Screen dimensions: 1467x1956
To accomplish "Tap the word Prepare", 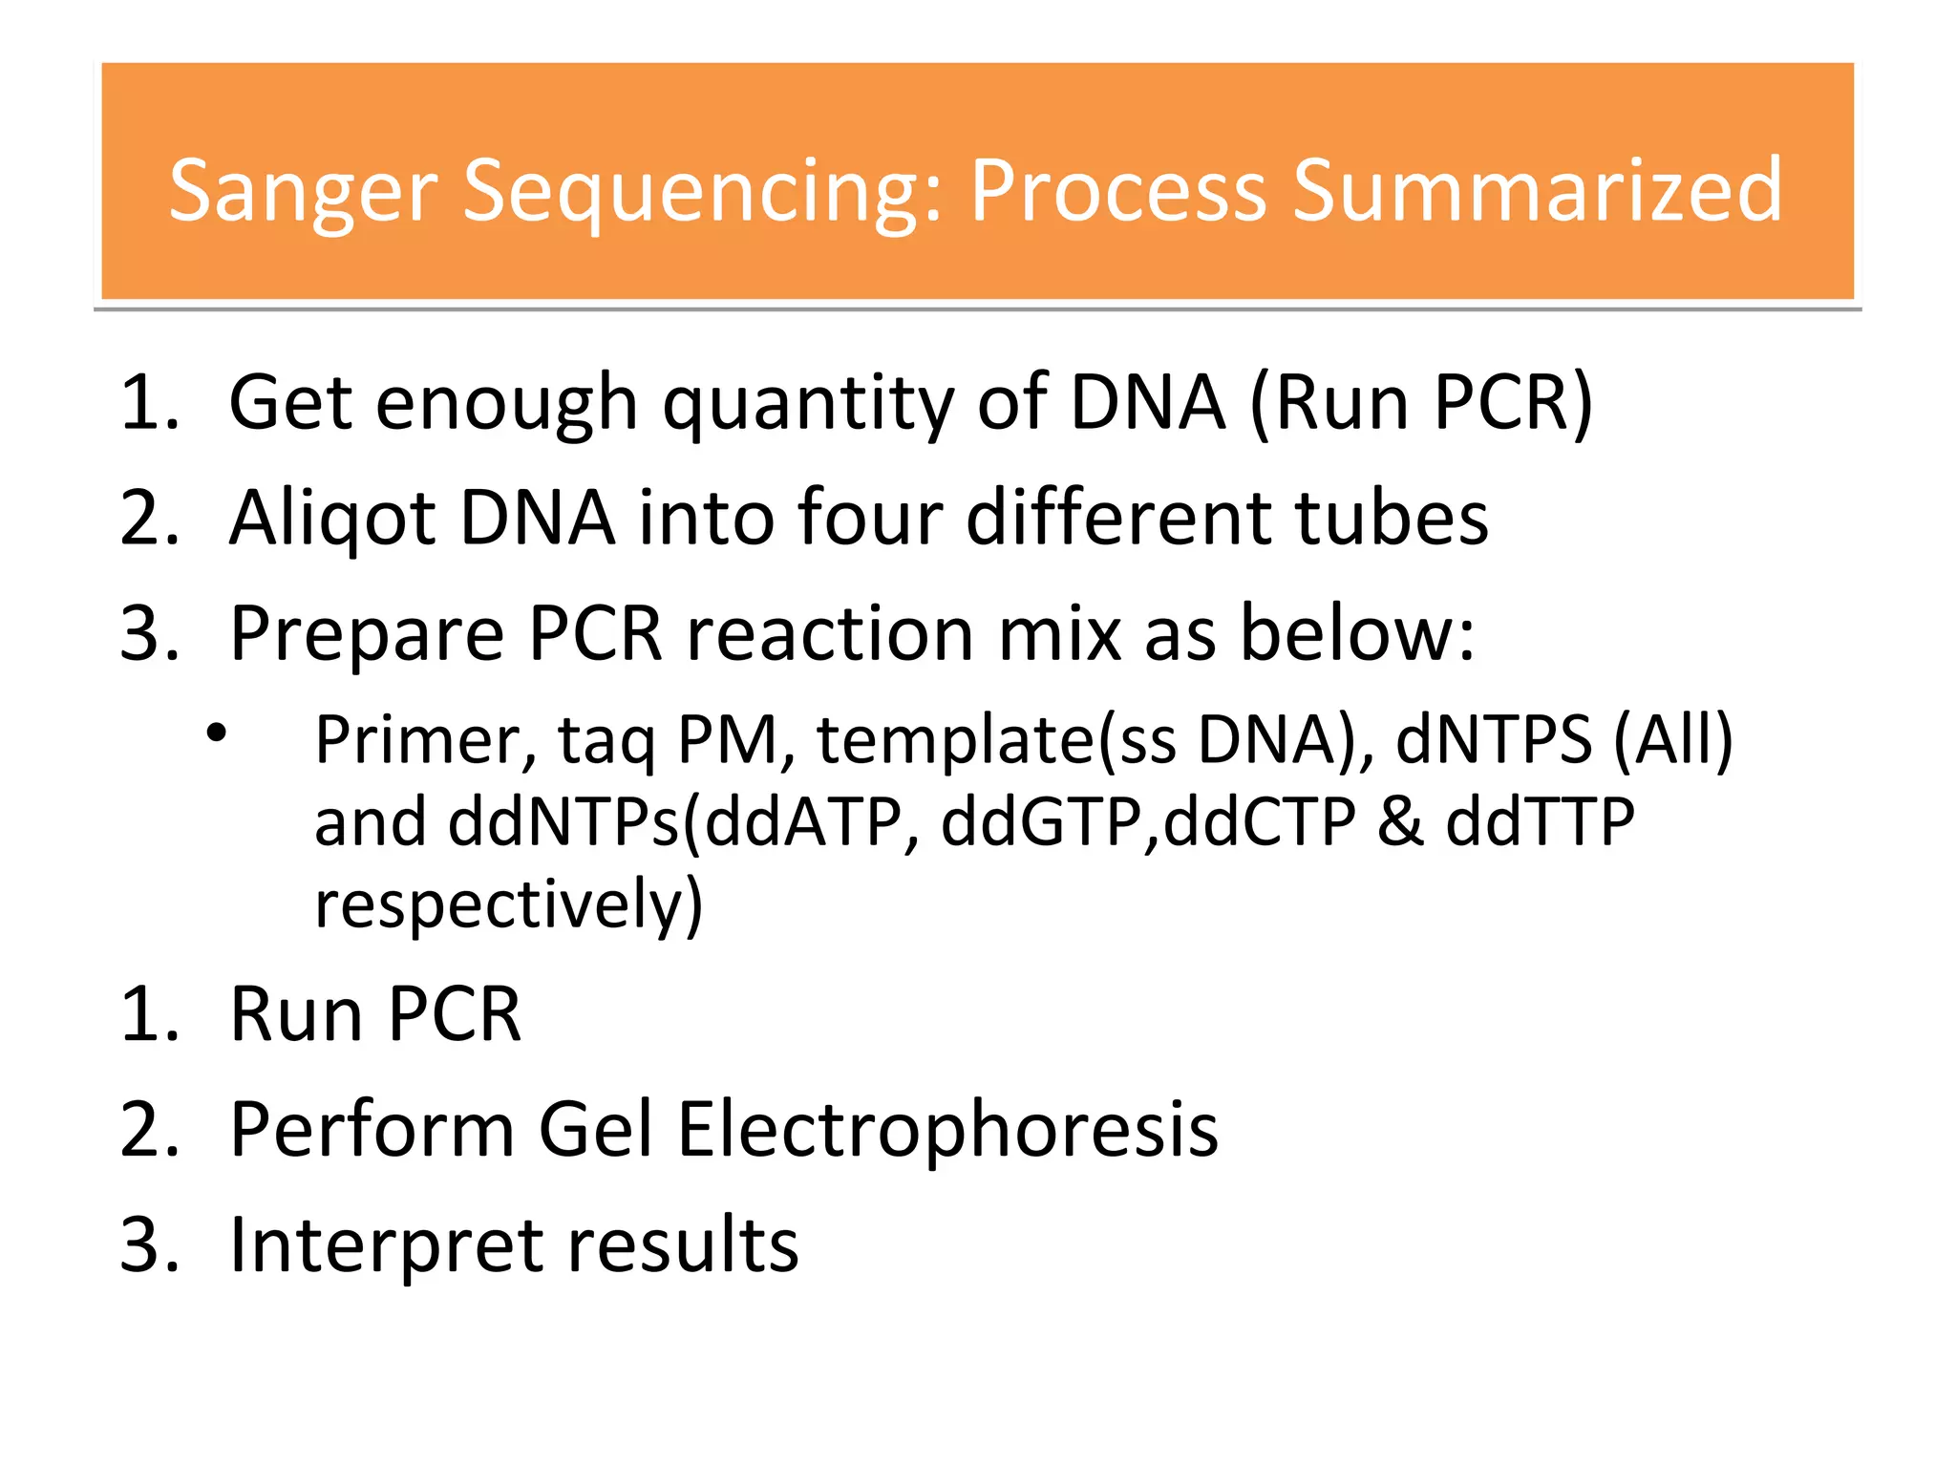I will (x=367, y=636).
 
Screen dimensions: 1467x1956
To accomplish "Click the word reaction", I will (x=830, y=634).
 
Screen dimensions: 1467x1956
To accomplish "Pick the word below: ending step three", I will (x=1357, y=634).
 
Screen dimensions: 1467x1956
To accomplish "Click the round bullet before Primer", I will (x=217, y=733).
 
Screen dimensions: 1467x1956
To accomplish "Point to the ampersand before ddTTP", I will (x=1400, y=823).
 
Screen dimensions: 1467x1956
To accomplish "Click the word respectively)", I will (x=508, y=905).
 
